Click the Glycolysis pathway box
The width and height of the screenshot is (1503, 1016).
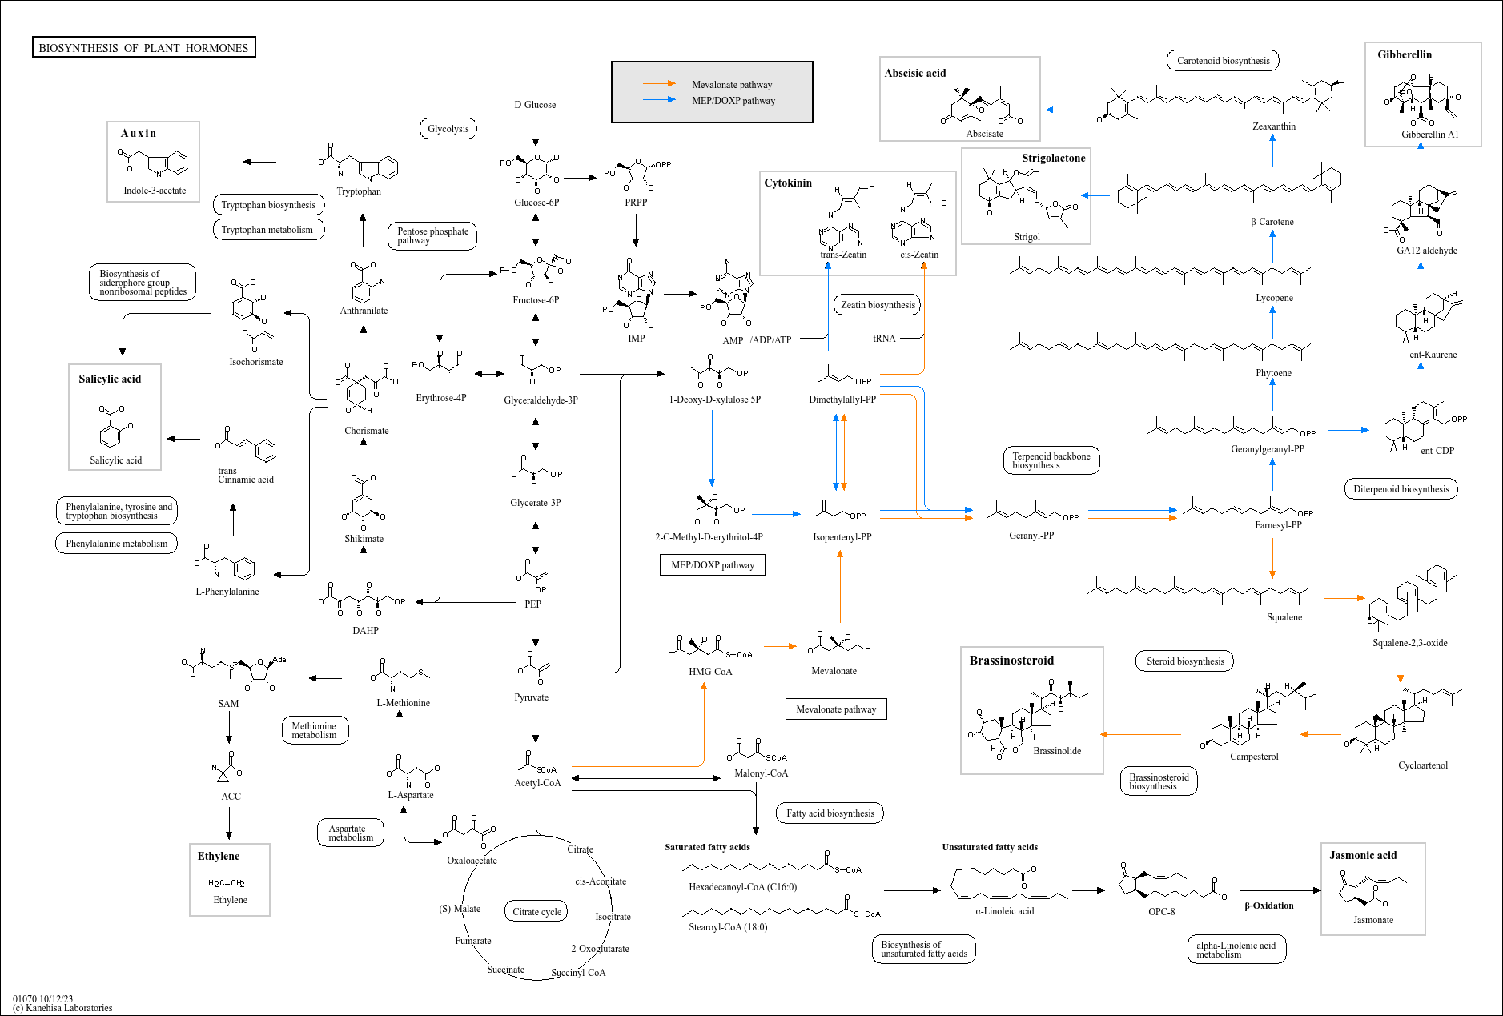[x=448, y=129]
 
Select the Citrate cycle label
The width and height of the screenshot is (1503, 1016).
[x=537, y=912]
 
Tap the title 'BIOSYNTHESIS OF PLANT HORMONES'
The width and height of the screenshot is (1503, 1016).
[x=144, y=48]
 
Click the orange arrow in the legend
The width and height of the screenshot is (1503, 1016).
[x=660, y=84]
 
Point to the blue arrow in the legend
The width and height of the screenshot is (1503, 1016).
[x=660, y=100]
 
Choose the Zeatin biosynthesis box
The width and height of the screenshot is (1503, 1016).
[x=878, y=305]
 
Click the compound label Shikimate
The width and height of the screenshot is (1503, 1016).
[x=364, y=539]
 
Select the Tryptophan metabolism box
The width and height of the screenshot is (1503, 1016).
[x=267, y=230]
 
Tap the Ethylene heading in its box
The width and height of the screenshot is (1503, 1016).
[x=219, y=856]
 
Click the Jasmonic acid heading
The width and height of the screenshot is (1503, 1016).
[x=1363, y=855]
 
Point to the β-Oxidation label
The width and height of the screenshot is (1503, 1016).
[x=1268, y=906]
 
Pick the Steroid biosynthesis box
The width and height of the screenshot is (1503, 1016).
[x=1185, y=661]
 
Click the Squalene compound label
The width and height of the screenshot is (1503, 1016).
[x=1284, y=617]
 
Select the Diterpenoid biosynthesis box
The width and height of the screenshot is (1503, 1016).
[x=1401, y=489]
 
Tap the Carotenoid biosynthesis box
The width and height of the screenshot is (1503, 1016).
[x=1223, y=61]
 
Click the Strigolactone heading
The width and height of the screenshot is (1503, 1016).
[x=1053, y=158]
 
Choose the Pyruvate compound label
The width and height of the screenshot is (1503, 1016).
[x=532, y=697]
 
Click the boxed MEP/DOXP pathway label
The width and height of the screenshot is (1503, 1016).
[x=713, y=565]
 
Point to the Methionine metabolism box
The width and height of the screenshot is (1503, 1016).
[x=314, y=730]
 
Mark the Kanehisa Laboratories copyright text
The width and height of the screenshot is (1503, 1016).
[x=63, y=1008]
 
